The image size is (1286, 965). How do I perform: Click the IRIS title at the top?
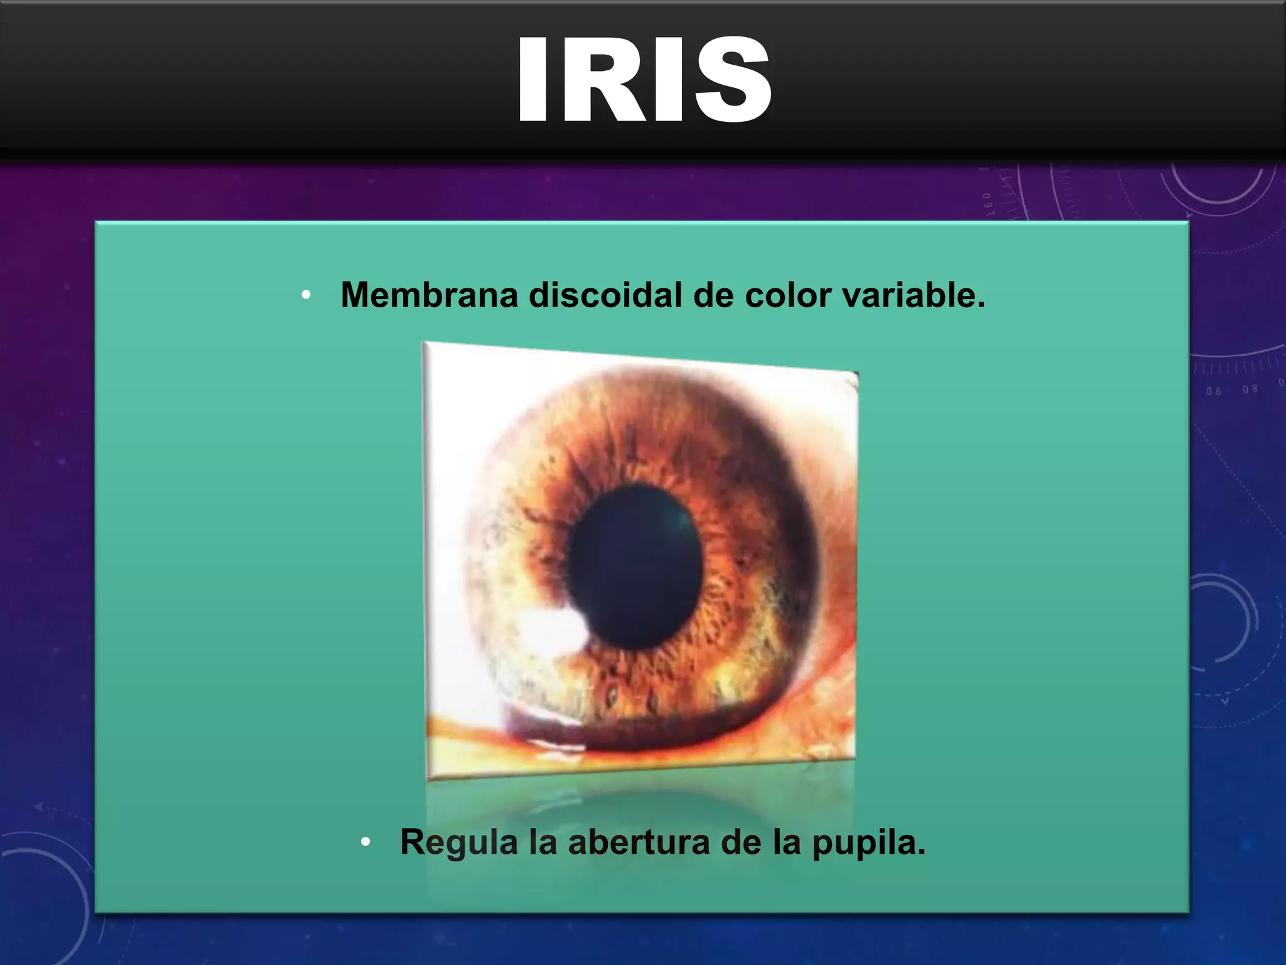click(x=643, y=80)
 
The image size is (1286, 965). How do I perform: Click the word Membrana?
click(x=429, y=295)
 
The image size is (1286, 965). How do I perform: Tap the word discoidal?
click(x=605, y=295)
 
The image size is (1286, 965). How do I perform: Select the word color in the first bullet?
click(x=787, y=295)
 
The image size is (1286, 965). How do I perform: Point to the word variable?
click(x=914, y=295)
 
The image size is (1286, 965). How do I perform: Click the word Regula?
click(x=459, y=842)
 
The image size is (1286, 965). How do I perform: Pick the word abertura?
click(x=639, y=842)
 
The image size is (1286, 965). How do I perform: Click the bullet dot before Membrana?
click(x=306, y=295)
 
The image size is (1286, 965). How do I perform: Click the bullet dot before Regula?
click(x=365, y=842)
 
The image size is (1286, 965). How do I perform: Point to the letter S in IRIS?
click(x=732, y=80)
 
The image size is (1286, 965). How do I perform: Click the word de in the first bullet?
click(x=713, y=295)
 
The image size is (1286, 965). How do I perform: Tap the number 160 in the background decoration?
click(x=988, y=205)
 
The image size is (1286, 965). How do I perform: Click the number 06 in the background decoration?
click(x=1214, y=391)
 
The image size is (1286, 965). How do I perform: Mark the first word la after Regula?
click(x=543, y=842)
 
